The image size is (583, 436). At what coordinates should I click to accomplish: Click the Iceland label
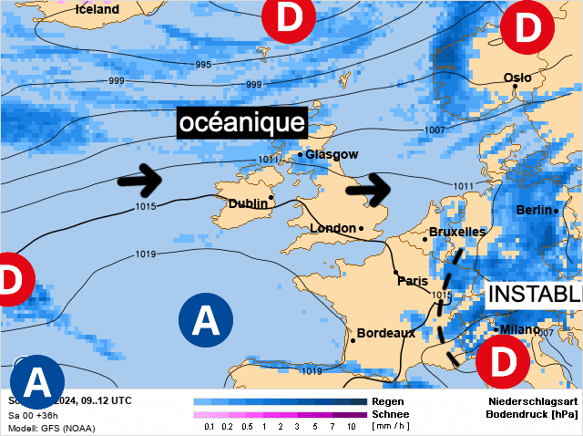point(97,9)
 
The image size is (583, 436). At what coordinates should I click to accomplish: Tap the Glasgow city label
point(332,154)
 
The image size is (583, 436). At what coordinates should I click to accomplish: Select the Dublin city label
point(248,203)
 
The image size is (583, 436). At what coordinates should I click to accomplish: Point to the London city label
point(332,228)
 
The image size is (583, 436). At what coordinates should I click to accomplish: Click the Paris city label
point(413,281)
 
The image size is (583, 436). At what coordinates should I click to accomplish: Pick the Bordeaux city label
point(385,333)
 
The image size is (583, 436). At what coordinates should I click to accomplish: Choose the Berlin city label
point(534,211)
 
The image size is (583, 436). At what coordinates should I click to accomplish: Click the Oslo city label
point(517,78)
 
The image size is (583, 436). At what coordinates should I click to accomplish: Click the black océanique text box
point(240,123)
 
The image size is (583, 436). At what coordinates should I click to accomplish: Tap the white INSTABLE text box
point(534,294)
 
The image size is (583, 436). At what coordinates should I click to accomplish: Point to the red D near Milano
point(502,359)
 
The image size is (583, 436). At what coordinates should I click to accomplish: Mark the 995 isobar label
point(203,64)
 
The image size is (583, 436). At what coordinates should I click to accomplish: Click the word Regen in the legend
point(389,401)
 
